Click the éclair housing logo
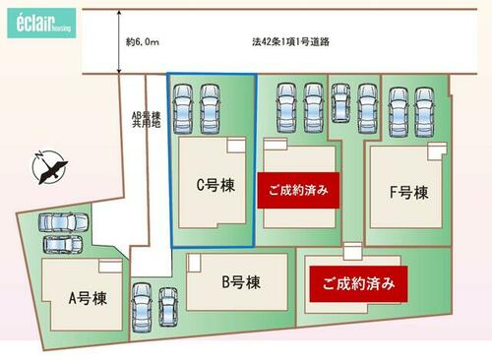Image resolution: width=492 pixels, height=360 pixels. point(41,24)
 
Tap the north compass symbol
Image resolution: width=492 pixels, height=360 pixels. point(49,167)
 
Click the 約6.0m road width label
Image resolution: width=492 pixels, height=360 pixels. point(143,42)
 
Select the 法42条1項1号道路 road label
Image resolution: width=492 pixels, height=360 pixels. point(290,42)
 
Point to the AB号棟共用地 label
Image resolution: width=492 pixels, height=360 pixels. point(147,120)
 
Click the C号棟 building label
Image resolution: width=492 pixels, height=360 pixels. point(215,185)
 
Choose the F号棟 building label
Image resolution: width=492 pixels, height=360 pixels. point(408,193)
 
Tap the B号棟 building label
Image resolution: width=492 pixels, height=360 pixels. point(241,282)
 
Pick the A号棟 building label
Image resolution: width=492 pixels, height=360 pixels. point(88,298)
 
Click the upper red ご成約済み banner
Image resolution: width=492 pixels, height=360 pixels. point(298,190)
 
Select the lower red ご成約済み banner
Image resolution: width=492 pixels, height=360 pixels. point(358,284)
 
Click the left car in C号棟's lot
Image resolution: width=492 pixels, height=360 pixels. point(183,109)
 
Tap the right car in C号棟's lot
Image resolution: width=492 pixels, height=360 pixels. point(210,109)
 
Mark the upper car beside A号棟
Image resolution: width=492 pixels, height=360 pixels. point(63,222)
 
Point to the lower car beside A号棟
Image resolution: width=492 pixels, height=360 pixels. point(63,244)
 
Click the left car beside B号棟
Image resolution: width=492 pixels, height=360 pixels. point(142,308)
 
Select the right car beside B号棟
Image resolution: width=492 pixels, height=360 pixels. point(168,307)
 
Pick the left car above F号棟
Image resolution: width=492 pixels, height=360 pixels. point(399,112)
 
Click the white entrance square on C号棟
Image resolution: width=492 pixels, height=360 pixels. point(236,145)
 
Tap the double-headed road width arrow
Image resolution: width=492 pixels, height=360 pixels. point(119,41)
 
